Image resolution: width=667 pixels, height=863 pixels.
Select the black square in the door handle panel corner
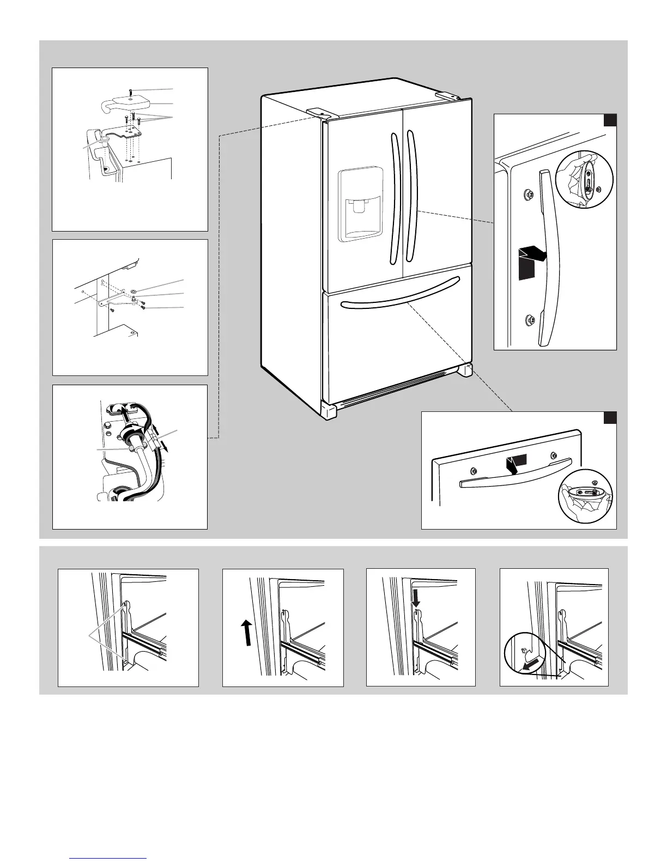click(x=610, y=120)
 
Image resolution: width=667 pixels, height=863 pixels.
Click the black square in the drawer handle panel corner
click(x=610, y=418)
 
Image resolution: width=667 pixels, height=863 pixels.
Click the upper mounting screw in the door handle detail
click(x=527, y=194)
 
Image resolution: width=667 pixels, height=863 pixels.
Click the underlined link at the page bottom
click(x=109, y=858)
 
